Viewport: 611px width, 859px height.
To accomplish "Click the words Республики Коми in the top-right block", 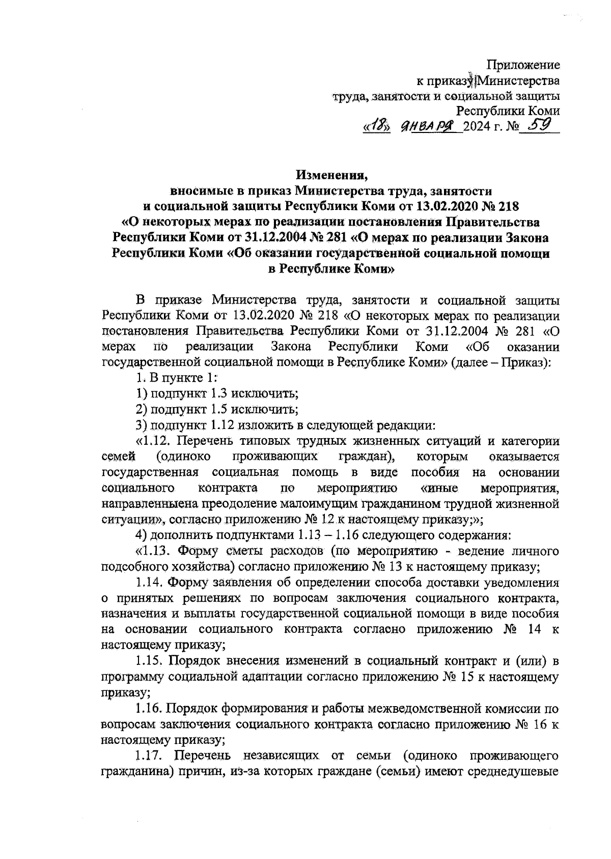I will (508, 111).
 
